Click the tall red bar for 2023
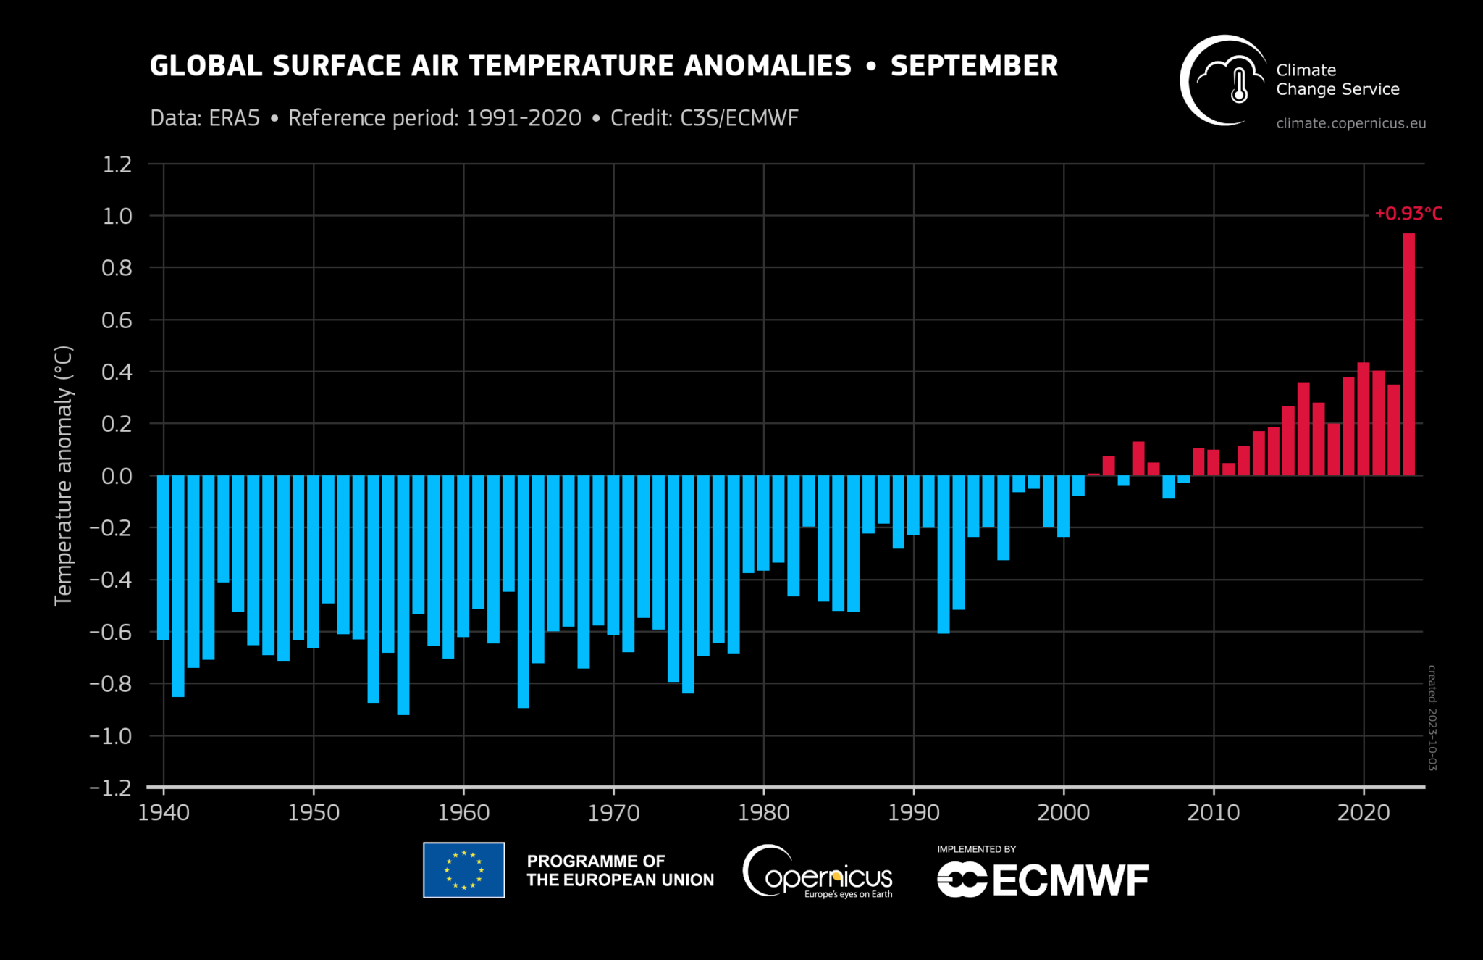click(1408, 355)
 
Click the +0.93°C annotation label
click(1408, 214)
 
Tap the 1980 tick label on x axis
click(763, 813)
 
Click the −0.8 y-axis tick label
click(111, 683)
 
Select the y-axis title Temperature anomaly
click(64, 475)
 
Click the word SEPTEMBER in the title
click(974, 66)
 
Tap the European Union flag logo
click(463, 869)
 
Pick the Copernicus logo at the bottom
click(818, 872)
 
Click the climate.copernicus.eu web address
click(1350, 123)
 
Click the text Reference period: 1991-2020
click(434, 118)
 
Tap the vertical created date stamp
click(1432, 717)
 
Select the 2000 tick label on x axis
click(1063, 813)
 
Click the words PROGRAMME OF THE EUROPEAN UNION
click(620, 870)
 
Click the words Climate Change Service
click(1337, 80)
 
